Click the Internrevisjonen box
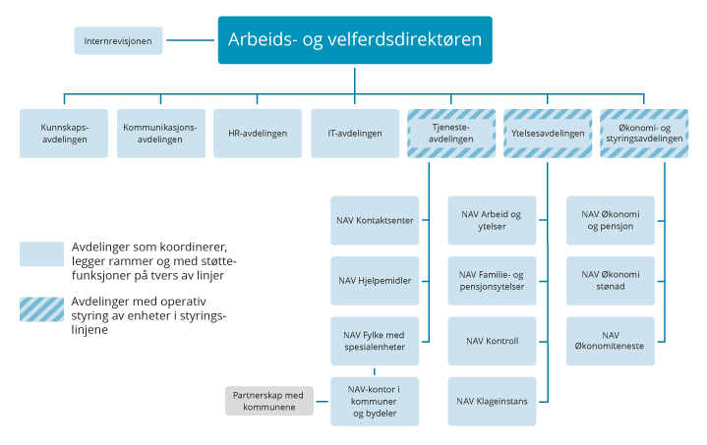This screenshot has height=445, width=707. [117, 41]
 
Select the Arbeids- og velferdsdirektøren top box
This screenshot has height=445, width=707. [355, 40]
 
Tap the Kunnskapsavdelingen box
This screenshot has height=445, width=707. [64, 134]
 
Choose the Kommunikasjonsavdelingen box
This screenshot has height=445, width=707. [159, 134]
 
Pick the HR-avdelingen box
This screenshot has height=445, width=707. [258, 134]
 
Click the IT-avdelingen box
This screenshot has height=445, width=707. [354, 134]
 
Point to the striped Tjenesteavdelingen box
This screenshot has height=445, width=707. [450, 134]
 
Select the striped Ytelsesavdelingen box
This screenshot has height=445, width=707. [548, 134]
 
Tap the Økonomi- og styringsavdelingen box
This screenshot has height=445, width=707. [644, 134]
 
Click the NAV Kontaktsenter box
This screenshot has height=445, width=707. [374, 221]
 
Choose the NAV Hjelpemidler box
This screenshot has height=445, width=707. [374, 281]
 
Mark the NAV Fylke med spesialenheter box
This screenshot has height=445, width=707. [374, 341]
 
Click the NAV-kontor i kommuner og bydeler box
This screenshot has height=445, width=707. [374, 401]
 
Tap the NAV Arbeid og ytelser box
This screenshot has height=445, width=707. [492, 221]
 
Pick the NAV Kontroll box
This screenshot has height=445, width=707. [492, 341]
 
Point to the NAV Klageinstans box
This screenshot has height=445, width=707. [492, 401]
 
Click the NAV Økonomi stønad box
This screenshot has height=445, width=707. [611, 281]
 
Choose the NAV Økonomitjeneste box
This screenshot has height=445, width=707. [611, 341]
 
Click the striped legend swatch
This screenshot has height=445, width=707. [42, 309]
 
